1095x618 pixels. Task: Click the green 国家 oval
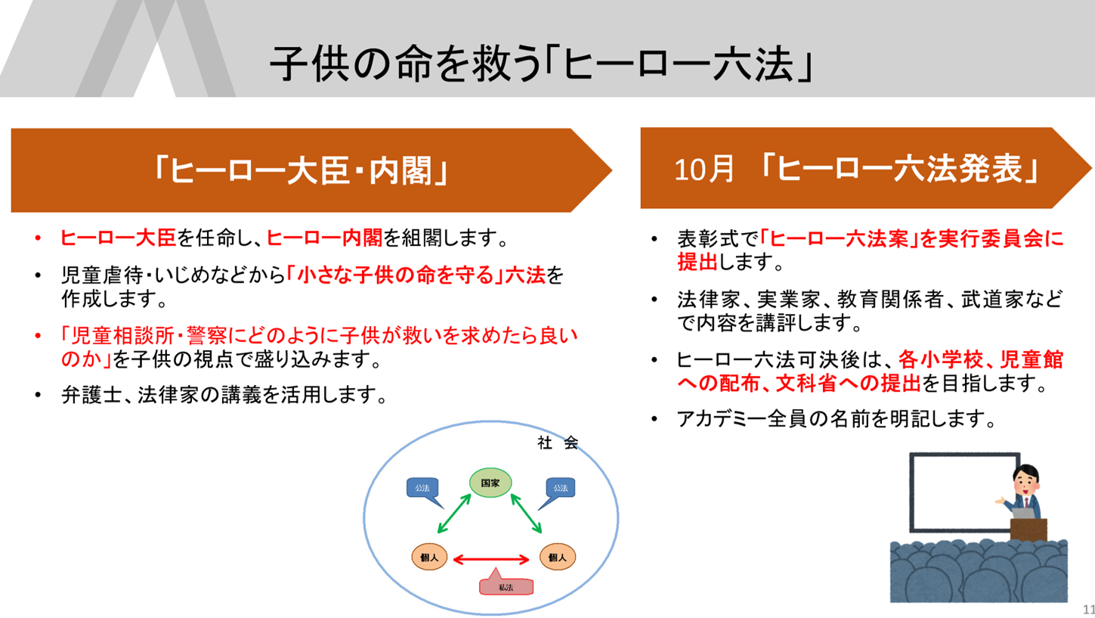(490, 482)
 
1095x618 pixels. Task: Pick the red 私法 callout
(506, 586)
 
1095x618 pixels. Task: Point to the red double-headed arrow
(490, 559)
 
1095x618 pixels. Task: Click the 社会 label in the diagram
(558, 443)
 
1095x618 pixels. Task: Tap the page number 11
(1089, 609)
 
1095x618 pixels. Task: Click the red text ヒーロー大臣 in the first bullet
(118, 239)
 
